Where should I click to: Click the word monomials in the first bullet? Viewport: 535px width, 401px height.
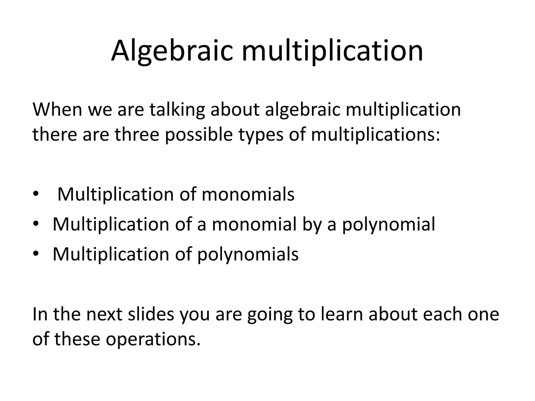(248, 194)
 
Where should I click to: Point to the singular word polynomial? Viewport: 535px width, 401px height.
(389, 224)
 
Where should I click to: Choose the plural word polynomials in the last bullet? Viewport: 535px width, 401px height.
(248, 254)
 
